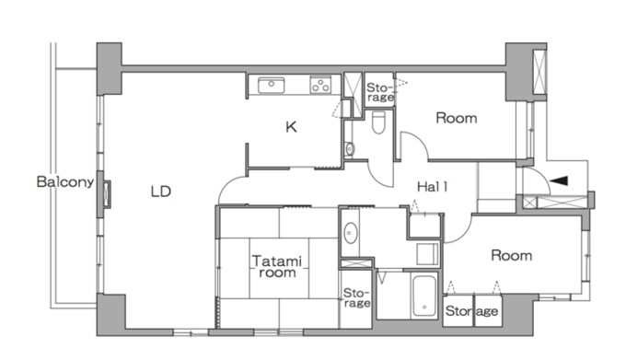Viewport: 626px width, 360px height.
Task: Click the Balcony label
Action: [x=65, y=182]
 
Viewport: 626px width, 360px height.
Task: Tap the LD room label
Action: [x=161, y=192]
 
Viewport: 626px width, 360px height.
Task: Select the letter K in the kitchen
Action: [x=291, y=127]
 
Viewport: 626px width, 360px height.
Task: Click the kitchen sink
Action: [x=271, y=85]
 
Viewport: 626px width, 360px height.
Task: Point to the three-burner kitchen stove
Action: [x=320, y=85]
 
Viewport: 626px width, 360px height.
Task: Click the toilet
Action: [x=378, y=122]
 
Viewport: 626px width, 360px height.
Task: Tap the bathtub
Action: [x=424, y=296]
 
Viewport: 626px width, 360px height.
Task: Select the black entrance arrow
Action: [x=559, y=180]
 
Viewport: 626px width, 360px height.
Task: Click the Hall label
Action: [x=433, y=186]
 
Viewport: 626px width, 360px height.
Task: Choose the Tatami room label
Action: [x=277, y=267]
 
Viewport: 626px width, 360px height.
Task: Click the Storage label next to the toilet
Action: [x=379, y=92]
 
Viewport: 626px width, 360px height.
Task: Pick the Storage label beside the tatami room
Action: [x=356, y=297]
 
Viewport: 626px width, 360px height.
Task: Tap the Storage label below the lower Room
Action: [x=472, y=311]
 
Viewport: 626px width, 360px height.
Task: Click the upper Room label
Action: [x=457, y=118]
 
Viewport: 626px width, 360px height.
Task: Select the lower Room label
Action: [x=512, y=255]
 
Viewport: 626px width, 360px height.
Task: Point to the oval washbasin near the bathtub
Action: [x=351, y=233]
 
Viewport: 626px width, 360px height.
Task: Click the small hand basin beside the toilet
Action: [x=350, y=148]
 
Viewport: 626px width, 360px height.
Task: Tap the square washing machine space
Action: [x=427, y=254]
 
